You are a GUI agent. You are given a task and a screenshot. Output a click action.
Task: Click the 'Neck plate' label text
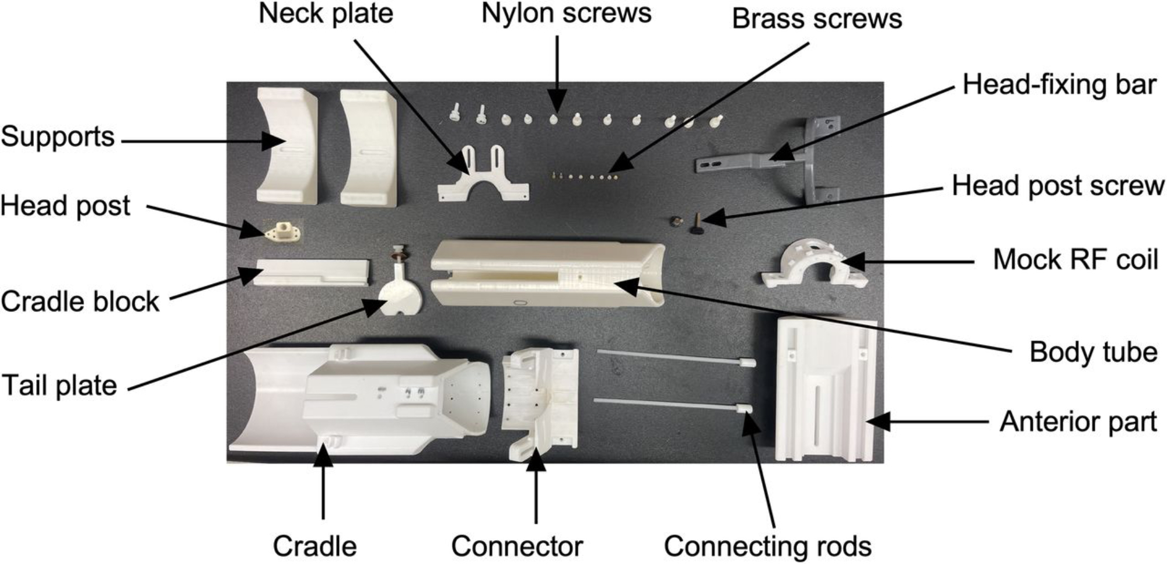[326, 13]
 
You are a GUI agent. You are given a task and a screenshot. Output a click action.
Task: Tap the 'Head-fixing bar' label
[1059, 85]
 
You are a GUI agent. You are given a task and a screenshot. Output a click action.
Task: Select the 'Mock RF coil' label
[1075, 260]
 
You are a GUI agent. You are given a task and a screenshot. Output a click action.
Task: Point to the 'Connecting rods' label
[767, 547]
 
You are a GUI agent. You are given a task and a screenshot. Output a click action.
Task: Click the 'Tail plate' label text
[59, 386]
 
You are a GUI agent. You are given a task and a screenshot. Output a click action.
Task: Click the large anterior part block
[826, 388]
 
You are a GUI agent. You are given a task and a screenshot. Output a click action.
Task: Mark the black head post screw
[697, 224]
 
